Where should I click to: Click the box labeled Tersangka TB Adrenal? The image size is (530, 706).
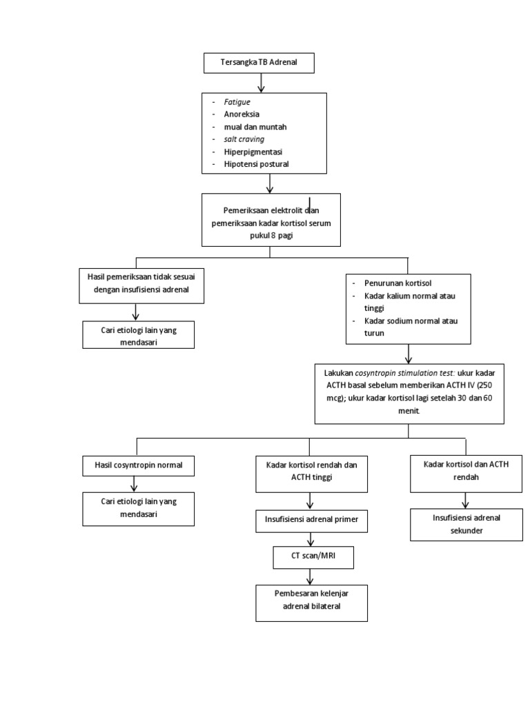(x=259, y=62)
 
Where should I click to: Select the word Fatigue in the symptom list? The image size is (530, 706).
(x=237, y=101)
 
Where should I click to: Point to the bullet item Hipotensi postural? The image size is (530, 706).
(x=256, y=163)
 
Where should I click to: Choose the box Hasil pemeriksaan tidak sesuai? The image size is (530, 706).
(x=141, y=284)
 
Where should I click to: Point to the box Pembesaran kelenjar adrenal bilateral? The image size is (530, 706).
(x=311, y=602)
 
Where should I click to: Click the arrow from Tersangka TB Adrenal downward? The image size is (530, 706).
(x=260, y=82)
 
